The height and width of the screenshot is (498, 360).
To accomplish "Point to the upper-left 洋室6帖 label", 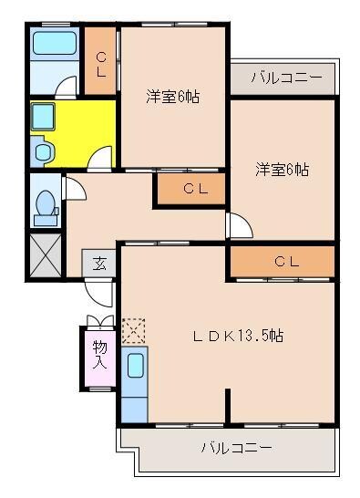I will click(173, 96).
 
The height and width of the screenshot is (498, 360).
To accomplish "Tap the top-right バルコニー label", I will click(286, 78).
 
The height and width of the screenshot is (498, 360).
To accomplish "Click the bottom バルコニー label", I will click(236, 448).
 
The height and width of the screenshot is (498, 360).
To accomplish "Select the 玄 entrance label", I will click(99, 265).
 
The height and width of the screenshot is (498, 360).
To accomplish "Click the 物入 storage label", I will click(99, 353).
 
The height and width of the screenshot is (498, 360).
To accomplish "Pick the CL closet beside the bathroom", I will click(101, 62).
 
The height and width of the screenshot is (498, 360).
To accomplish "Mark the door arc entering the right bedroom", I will click(238, 225).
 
